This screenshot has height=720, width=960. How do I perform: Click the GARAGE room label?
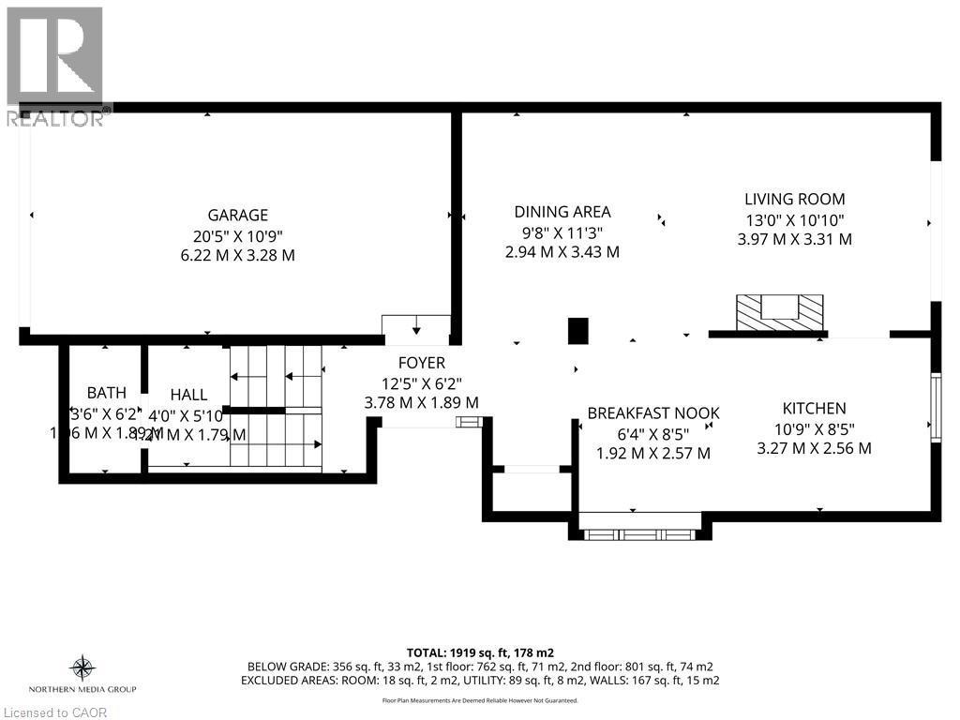tap(238, 215)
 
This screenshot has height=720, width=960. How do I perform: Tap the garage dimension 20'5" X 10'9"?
tap(238, 235)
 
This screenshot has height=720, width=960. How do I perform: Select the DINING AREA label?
tap(562, 212)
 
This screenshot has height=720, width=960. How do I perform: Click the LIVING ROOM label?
tap(794, 199)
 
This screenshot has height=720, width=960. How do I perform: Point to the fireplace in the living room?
tap(779, 311)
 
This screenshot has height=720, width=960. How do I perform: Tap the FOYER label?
tap(421, 363)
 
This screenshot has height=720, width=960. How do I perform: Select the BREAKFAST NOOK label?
tap(652, 413)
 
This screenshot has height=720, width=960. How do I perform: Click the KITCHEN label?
tap(814, 408)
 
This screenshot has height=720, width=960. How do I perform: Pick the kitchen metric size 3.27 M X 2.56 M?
tap(814, 448)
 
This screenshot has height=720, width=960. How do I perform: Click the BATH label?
tap(106, 393)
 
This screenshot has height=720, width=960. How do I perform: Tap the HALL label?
tap(188, 396)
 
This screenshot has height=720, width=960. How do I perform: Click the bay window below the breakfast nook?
tap(638, 532)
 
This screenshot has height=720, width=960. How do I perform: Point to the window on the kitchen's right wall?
tap(935, 406)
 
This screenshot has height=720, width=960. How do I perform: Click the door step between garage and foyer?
tap(416, 325)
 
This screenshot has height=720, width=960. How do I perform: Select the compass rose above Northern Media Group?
tap(82, 668)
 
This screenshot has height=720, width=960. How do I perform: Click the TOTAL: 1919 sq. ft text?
tap(479, 651)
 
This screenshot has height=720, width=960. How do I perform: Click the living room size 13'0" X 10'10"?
tap(794, 219)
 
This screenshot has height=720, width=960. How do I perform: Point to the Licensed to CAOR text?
tap(54, 712)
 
